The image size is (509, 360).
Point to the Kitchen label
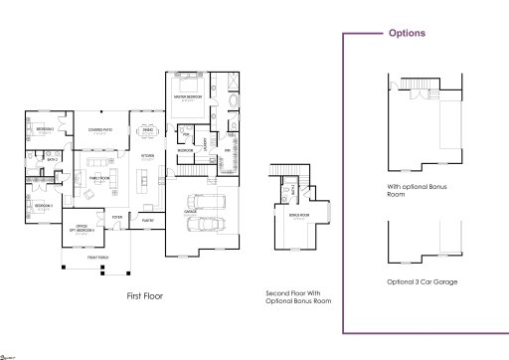pyautogui.click(x=146, y=156)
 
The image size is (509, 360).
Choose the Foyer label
pyautogui.click(x=116, y=215)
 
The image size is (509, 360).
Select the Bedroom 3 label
pyautogui.click(x=42, y=206)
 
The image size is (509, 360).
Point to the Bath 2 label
pyautogui.click(x=51, y=158)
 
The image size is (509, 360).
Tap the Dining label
pyautogui.click(x=147, y=129)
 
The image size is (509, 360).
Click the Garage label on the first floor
pyautogui.click(x=189, y=212)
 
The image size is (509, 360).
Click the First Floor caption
pyautogui.click(x=145, y=295)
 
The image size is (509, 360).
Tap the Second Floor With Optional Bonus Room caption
pyautogui.click(x=298, y=296)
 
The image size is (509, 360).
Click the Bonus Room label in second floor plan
pyautogui.click(x=296, y=215)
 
